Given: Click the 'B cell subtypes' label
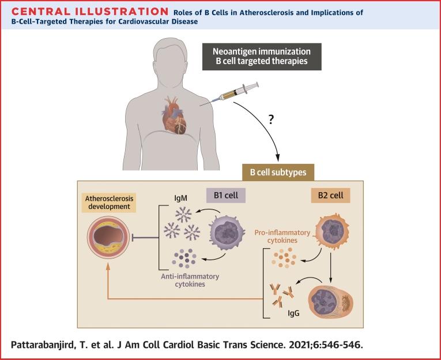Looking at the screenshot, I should (x=278, y=172).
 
